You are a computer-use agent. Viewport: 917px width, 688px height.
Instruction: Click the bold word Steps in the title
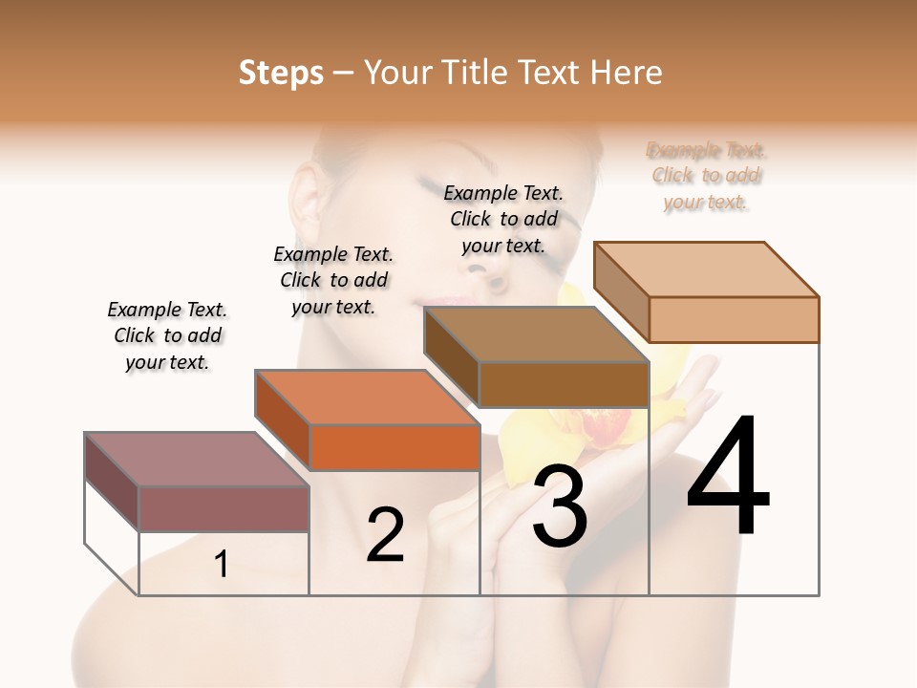click(x=281, y=73)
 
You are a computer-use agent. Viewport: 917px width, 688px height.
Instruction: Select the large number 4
click(x=728, y=478)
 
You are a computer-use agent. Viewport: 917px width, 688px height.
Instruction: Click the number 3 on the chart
click(x=560, y=506)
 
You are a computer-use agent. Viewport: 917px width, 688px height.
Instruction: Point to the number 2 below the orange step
click(x=385, y=536)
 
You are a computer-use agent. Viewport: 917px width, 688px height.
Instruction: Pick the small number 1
click(x=222, y=565)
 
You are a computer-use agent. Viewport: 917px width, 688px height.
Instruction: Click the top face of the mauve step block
click(x=197, y=459)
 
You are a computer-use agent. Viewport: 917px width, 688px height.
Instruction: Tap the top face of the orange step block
click(x=367, y=397)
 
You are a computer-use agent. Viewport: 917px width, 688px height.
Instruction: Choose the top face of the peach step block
click(x=707, y=269)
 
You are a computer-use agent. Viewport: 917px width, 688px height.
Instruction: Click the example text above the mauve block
click(x=167, y=335)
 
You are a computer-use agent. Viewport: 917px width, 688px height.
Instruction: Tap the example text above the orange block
click(x=333, y=280)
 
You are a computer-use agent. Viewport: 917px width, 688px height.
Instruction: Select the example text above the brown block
click(x=503, y=219)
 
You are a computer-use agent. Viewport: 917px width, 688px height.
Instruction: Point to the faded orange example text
click(x=707, y=176)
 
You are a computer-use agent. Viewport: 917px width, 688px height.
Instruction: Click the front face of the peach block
click(x=734, y=319)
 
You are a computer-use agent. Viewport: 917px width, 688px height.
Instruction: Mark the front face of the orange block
click(x=395, y=447)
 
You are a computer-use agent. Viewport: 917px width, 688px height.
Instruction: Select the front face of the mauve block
click(x=224, y=508)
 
